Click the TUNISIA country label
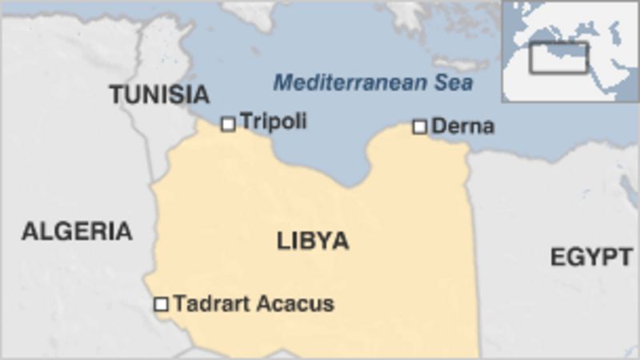(x=159, y=94)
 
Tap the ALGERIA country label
(x=76, y=231)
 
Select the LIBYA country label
(x=313, y=241)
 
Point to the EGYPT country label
(x=591, y=257)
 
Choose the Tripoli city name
(x=273, y=122)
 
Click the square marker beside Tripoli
(x=228, y=123)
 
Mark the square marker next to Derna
(x=420, y=126)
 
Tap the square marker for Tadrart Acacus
(x=161, y=304)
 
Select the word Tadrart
(x=210, y=304)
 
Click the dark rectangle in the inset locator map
(x=558, y=58)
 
